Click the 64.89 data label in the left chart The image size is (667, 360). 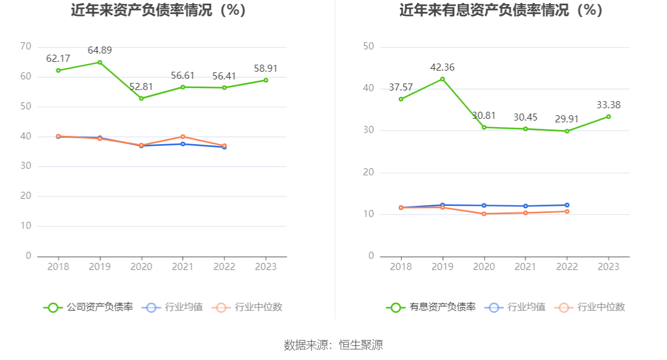(99, 51)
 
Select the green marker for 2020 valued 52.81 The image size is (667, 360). (141, 98)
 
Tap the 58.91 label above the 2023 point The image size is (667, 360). (265, 69)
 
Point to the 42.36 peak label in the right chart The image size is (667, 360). (442, 68)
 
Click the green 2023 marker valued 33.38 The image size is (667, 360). (608, 116)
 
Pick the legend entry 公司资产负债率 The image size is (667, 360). (88, 307)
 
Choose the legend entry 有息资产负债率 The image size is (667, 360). (431, 307)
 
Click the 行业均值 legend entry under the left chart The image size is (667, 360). (174, 307)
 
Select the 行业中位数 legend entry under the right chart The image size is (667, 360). (591, 307)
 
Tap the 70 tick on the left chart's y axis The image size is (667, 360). (25, 46)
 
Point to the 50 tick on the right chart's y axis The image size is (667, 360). (368, 46)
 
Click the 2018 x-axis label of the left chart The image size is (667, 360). (58, 267)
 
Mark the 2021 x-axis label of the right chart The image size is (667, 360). (525, 267)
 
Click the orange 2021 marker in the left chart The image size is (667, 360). (183, 136)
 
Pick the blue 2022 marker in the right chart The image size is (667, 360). (567, 205)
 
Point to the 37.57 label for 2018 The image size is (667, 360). (401, 88)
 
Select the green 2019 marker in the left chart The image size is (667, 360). (99, 62)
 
